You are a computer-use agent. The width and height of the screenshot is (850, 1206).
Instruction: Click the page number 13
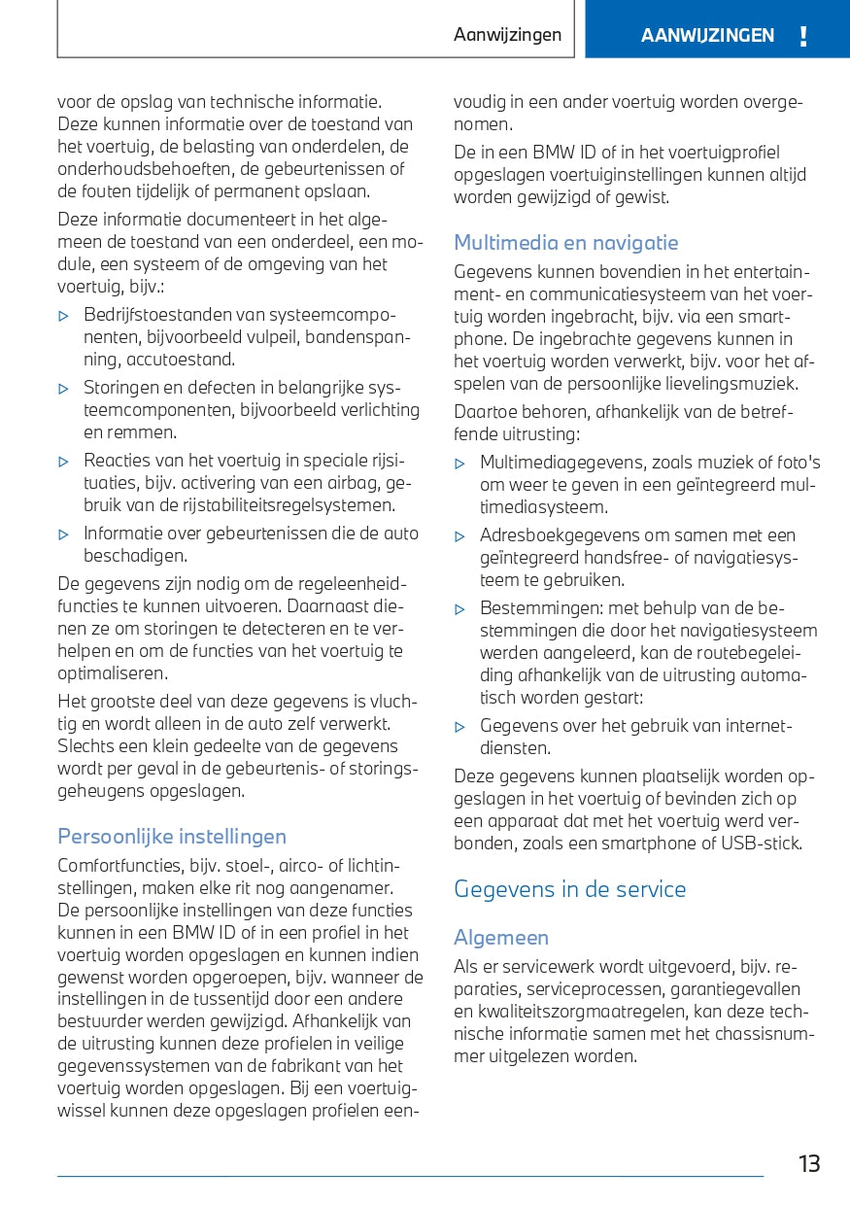click(809, 1163)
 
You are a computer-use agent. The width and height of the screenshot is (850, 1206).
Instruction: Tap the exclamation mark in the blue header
click(802, 37)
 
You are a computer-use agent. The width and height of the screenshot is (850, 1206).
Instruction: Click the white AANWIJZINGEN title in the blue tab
click(707, 36)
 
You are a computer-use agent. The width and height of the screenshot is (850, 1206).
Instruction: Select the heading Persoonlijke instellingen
click(172, 837)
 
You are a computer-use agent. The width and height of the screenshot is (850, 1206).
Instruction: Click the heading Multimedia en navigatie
click(566, 243)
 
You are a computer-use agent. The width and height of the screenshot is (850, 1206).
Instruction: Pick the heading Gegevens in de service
click(570, 889)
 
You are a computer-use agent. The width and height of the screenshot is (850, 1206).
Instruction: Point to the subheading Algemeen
click(501, 938)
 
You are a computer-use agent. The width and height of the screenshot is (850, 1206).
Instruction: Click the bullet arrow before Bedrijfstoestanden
click(64, 316)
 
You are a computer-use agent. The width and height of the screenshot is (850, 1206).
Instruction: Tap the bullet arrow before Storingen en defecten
click(64, 389)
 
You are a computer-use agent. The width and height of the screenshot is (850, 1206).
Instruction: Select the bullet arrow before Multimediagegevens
click(460, 464)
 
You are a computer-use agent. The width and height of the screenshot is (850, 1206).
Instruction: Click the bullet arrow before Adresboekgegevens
click(460, 536)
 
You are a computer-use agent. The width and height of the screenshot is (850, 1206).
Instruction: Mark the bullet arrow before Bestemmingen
click(460, 609)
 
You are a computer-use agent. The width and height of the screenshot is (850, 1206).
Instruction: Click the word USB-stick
click(762, 844)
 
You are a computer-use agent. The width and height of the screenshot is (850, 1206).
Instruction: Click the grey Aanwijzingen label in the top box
click(507, 35)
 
